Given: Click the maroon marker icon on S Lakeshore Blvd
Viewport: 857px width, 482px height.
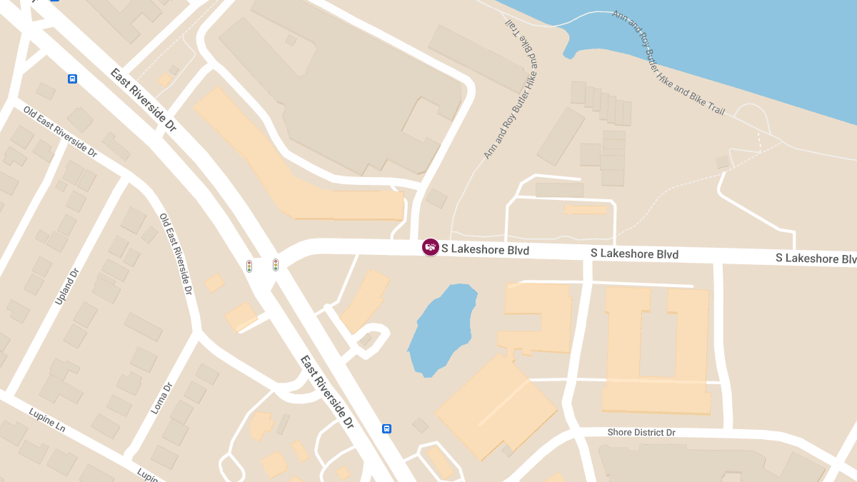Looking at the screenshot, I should point(430,247).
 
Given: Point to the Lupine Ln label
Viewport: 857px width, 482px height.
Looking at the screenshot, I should point(47,419).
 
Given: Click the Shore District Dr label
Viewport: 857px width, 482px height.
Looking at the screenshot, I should point(641,433).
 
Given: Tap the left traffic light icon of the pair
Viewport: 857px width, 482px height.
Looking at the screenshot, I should point(249,266).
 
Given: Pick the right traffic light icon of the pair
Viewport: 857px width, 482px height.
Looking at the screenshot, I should point(275,265).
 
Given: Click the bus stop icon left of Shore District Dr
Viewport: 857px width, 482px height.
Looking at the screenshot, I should point(386,428).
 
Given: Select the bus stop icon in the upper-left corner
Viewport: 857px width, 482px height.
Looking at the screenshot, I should point(72,79).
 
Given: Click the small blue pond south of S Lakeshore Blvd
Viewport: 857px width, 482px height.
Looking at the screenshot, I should point(443,328).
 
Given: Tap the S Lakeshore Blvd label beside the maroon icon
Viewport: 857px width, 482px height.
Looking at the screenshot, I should point(485,250).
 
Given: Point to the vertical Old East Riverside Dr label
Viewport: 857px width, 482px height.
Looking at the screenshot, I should point(176,254).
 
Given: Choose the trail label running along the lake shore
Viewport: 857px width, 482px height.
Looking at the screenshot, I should point(668,63).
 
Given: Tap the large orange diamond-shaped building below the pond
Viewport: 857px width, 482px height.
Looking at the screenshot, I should point(496,407).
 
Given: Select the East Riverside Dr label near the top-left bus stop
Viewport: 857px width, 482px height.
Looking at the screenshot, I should point(143,100).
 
